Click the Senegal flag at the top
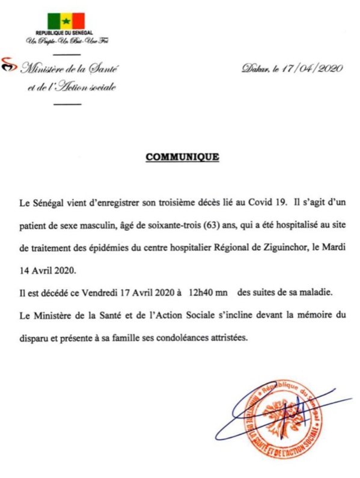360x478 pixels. [x=67, y=20]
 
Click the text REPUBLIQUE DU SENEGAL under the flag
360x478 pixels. [x=67, y=33]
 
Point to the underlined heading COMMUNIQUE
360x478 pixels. [x=182, y=158]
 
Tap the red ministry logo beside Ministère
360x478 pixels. [x=8, y=67]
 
